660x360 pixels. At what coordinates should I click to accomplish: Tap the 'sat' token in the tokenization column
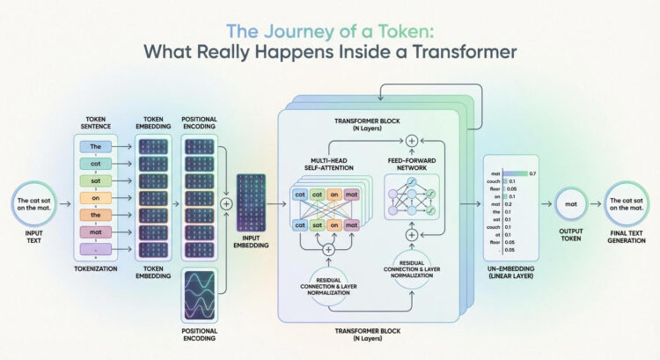97,180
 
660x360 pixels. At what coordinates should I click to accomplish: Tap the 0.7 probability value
532,174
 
